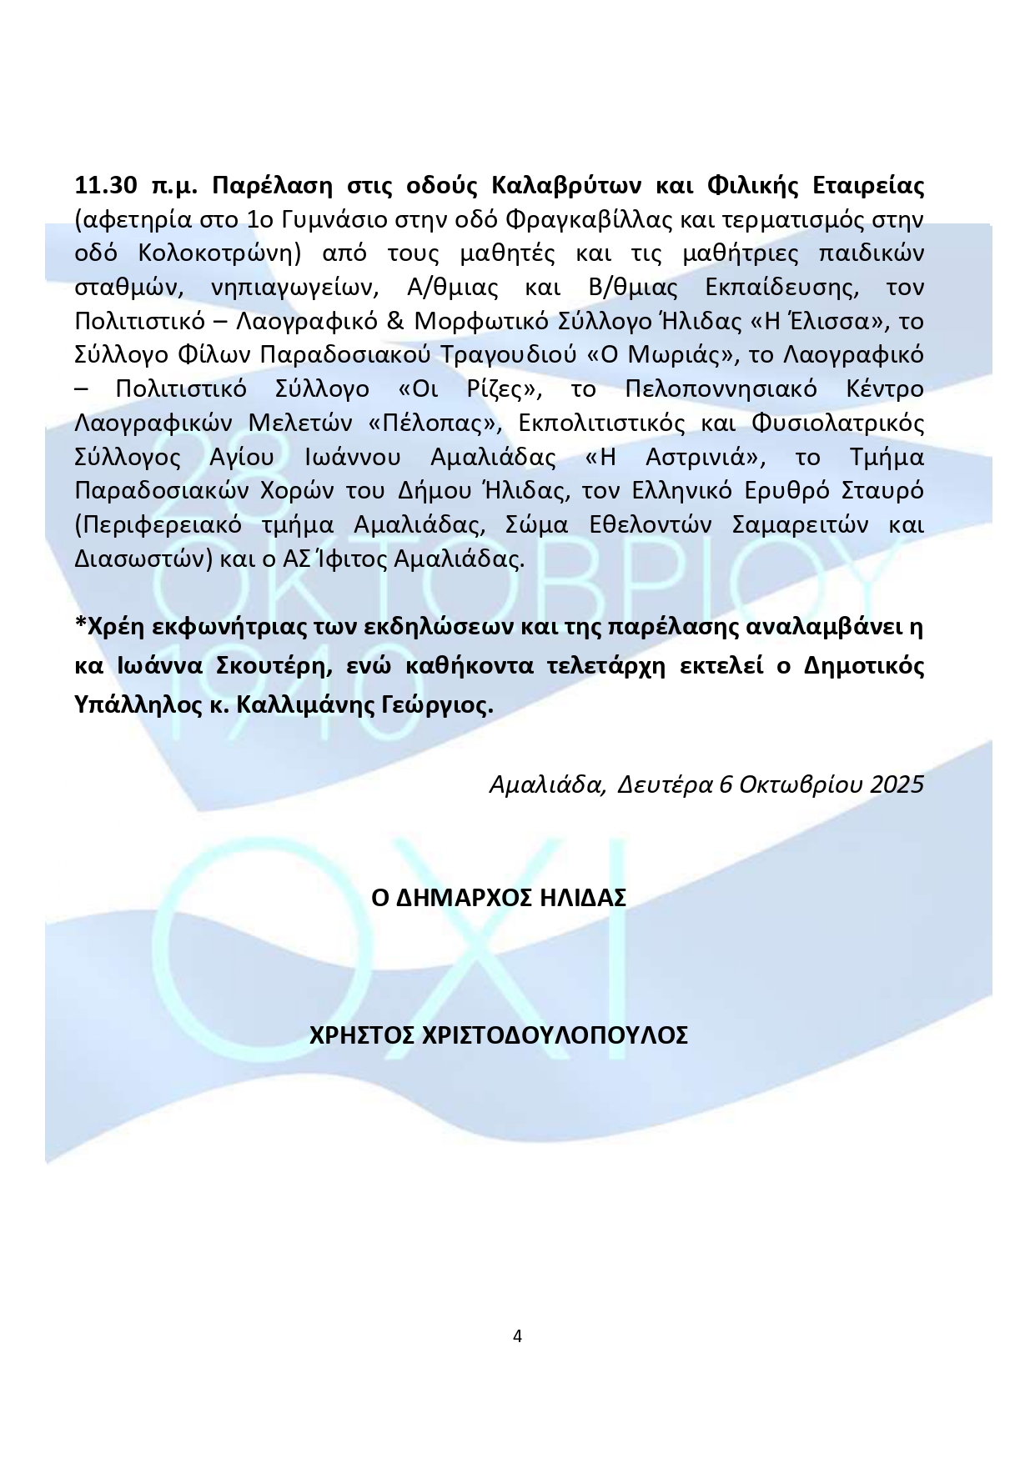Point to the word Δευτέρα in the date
[664, 785]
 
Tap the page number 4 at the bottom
[517, 1336]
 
